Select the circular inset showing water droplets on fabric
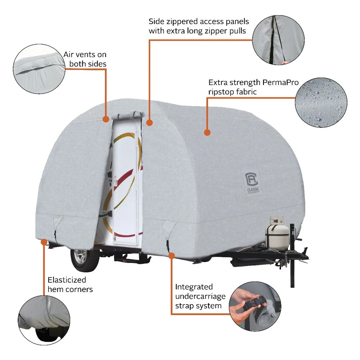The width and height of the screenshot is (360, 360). [x=321, y=102]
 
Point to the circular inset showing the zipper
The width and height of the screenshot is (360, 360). [x=278, y=40]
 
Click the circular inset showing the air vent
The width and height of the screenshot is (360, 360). [x=39, y=69]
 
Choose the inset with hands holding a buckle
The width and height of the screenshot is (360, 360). [x=255, y=306]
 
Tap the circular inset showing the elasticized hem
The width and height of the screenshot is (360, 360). [x=44, y=320]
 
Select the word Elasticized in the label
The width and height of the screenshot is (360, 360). [x=67, y=280]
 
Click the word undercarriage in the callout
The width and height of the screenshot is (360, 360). [x=200, y=297]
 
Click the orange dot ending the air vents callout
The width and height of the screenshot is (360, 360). [x=106, y=119]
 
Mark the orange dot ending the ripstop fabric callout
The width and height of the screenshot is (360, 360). [x=207, y=132]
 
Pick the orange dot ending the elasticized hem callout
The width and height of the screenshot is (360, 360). [x=44, y=242]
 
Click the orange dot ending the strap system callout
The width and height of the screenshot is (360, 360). [x=171, y=256]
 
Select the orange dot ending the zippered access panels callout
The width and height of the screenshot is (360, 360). [x=149, y=123]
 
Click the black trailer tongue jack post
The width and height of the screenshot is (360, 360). [x=292, y=255]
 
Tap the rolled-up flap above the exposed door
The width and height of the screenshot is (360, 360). [x=128, y=116]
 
